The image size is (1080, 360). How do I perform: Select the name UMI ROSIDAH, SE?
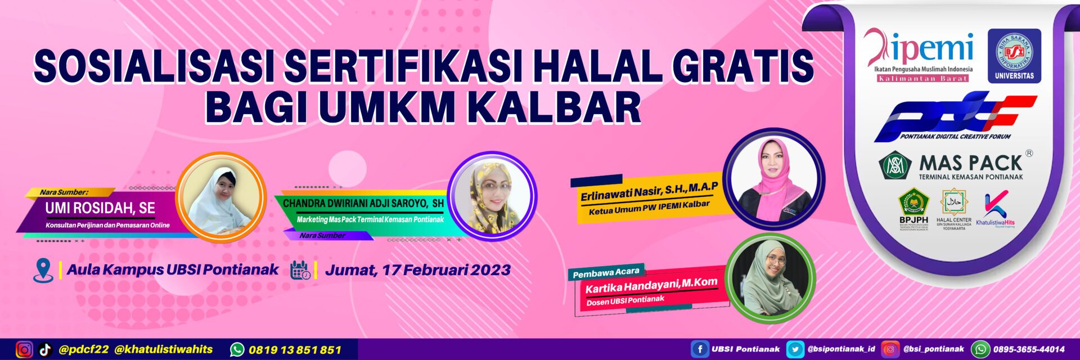[x=100, y=208]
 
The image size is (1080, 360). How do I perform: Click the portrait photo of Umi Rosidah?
[x=221, y=197]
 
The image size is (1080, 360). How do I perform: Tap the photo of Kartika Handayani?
[x=770, y=278]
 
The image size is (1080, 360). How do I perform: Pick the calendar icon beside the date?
[x=300, y=271]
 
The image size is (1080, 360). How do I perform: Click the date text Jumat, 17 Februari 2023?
[x=418, y=270]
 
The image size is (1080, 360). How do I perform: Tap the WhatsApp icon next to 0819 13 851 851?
[x=237, y=350]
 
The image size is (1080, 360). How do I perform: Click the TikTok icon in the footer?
[x=45, y=350]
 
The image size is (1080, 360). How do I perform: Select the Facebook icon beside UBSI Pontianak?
[x=699, y=349]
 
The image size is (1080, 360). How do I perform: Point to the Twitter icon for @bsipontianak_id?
[x=795, y=349]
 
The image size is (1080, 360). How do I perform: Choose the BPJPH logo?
[x=913, y=208]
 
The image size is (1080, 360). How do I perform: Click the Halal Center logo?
[x=953, y=208]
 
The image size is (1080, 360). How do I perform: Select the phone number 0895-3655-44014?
[x=1029, y=349]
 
